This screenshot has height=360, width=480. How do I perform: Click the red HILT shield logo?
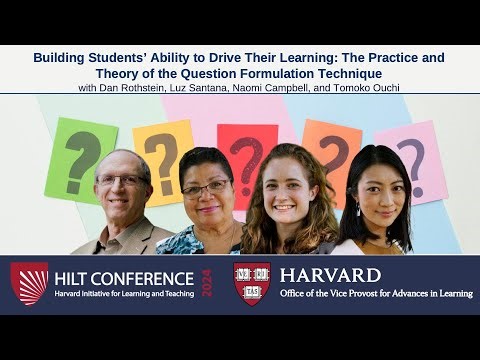pyautogui.click(x=29, y=283)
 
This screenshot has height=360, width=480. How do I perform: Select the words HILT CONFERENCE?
pyautogui.click(x=125, y=278)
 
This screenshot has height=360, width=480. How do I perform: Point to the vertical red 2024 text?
pyautogui.click(x=207, y=284)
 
